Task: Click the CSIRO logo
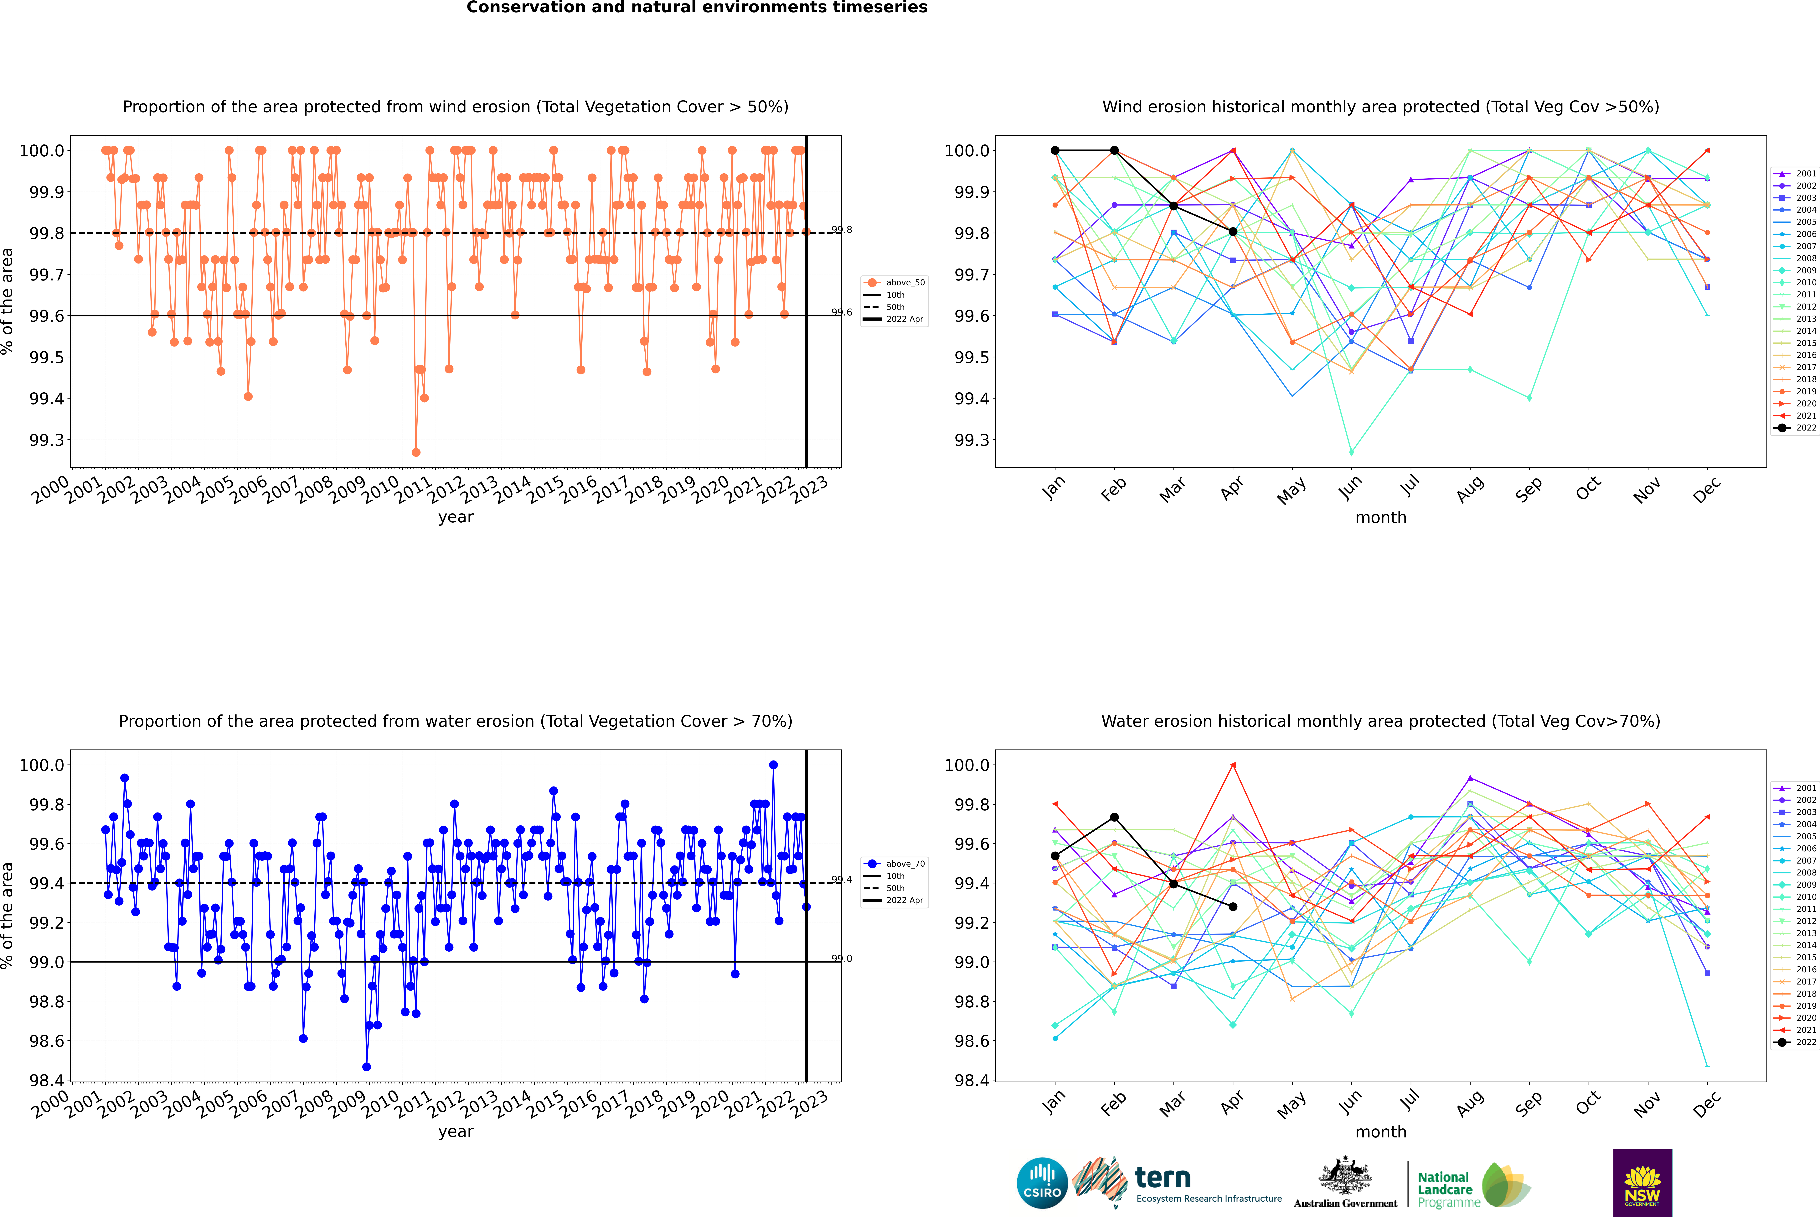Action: tap(1042, 1183)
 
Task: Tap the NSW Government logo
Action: tap(1642, 1183)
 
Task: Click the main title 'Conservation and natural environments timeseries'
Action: tap(697, 8)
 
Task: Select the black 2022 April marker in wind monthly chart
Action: tap(1233, 231)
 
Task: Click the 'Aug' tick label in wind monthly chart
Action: tap(1470, 489)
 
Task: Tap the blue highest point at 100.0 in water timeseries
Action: tap(773, 765)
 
